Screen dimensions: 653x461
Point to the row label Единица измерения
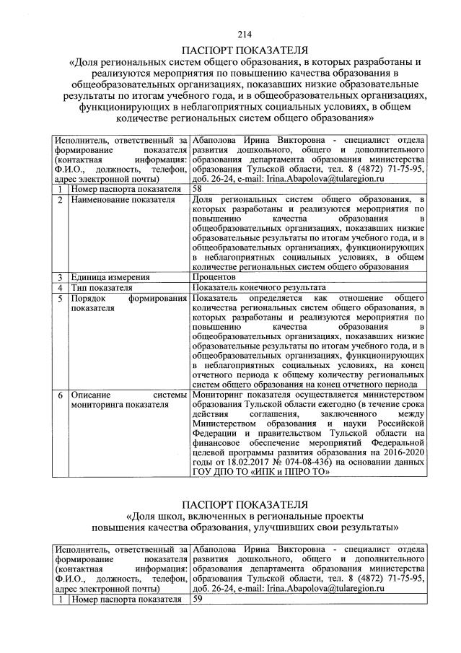tap(109, 276)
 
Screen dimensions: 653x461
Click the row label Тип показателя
tap(102, 286)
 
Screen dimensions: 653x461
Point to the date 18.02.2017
tap(253, 462)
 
